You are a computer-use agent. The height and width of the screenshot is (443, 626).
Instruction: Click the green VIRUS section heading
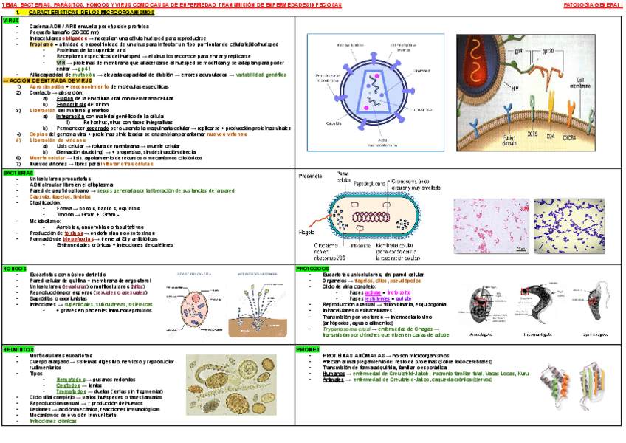point(11,21)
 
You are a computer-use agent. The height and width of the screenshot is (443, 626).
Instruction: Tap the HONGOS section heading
point(15,269)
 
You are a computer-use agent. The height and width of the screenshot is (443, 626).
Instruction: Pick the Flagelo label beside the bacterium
point(308,230)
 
